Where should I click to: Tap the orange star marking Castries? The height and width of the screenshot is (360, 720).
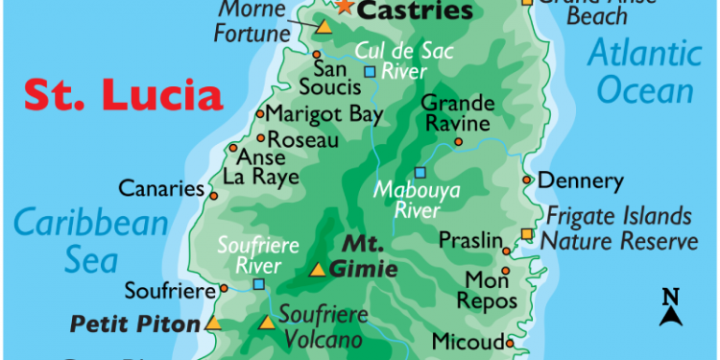tap(345, 6)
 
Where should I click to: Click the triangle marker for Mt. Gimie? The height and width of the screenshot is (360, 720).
tap(317, 270)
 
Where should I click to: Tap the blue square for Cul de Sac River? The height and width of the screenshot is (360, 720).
tap(370, 71)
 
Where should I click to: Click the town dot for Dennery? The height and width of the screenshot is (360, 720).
tap(527, 180)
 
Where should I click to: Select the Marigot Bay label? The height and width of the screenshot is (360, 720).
tap(319, 114)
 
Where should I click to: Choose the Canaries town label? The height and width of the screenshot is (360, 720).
tap(160, 188)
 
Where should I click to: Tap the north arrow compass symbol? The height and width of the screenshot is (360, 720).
tap(671, 307)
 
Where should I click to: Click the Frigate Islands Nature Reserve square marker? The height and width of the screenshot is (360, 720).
tap(527, 234)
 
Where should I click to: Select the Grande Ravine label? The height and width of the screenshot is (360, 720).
tap(459, 112)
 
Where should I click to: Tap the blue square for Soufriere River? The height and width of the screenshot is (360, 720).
tap(258, 284)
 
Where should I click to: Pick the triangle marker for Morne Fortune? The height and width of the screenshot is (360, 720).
tap(324, 27)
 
